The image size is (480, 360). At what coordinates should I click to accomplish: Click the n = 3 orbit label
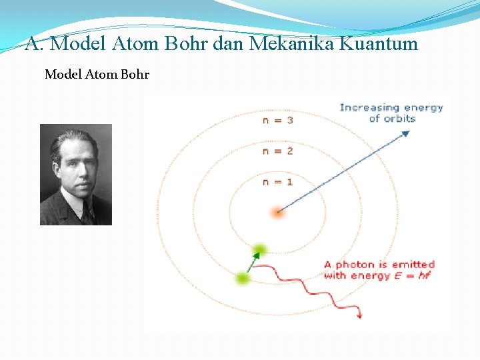pos(277,120)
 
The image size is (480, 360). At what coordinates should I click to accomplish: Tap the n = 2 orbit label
pos(277,151)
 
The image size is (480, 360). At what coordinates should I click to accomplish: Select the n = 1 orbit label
pos(277,181)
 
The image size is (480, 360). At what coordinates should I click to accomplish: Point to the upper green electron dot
pos(259,250)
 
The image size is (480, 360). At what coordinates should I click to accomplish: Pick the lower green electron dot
pos(243,278)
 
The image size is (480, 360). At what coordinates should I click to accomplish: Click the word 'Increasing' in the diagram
pos(369,107)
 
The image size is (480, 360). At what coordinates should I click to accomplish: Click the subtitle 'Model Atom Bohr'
pos(97,75)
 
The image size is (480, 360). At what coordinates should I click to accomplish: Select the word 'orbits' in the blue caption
pos(400,119)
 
